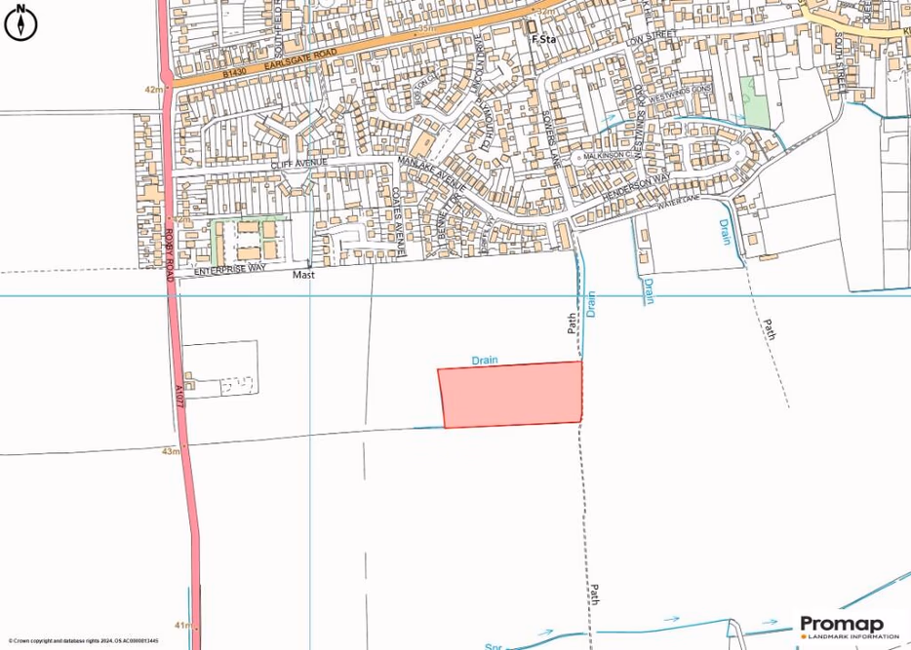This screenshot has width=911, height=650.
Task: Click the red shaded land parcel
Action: (512, 394)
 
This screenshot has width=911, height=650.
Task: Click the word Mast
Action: (305, 276)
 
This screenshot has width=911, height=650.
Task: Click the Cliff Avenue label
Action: (297, 167)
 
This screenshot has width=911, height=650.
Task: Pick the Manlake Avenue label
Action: (430, 170)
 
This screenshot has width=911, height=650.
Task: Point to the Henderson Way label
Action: (636, 188)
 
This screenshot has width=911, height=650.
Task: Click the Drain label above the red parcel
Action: (485, 361)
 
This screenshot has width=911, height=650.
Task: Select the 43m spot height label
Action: (173, 452)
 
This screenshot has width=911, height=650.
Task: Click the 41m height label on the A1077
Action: (182, 624)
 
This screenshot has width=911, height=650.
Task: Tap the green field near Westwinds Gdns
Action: (754, 101)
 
